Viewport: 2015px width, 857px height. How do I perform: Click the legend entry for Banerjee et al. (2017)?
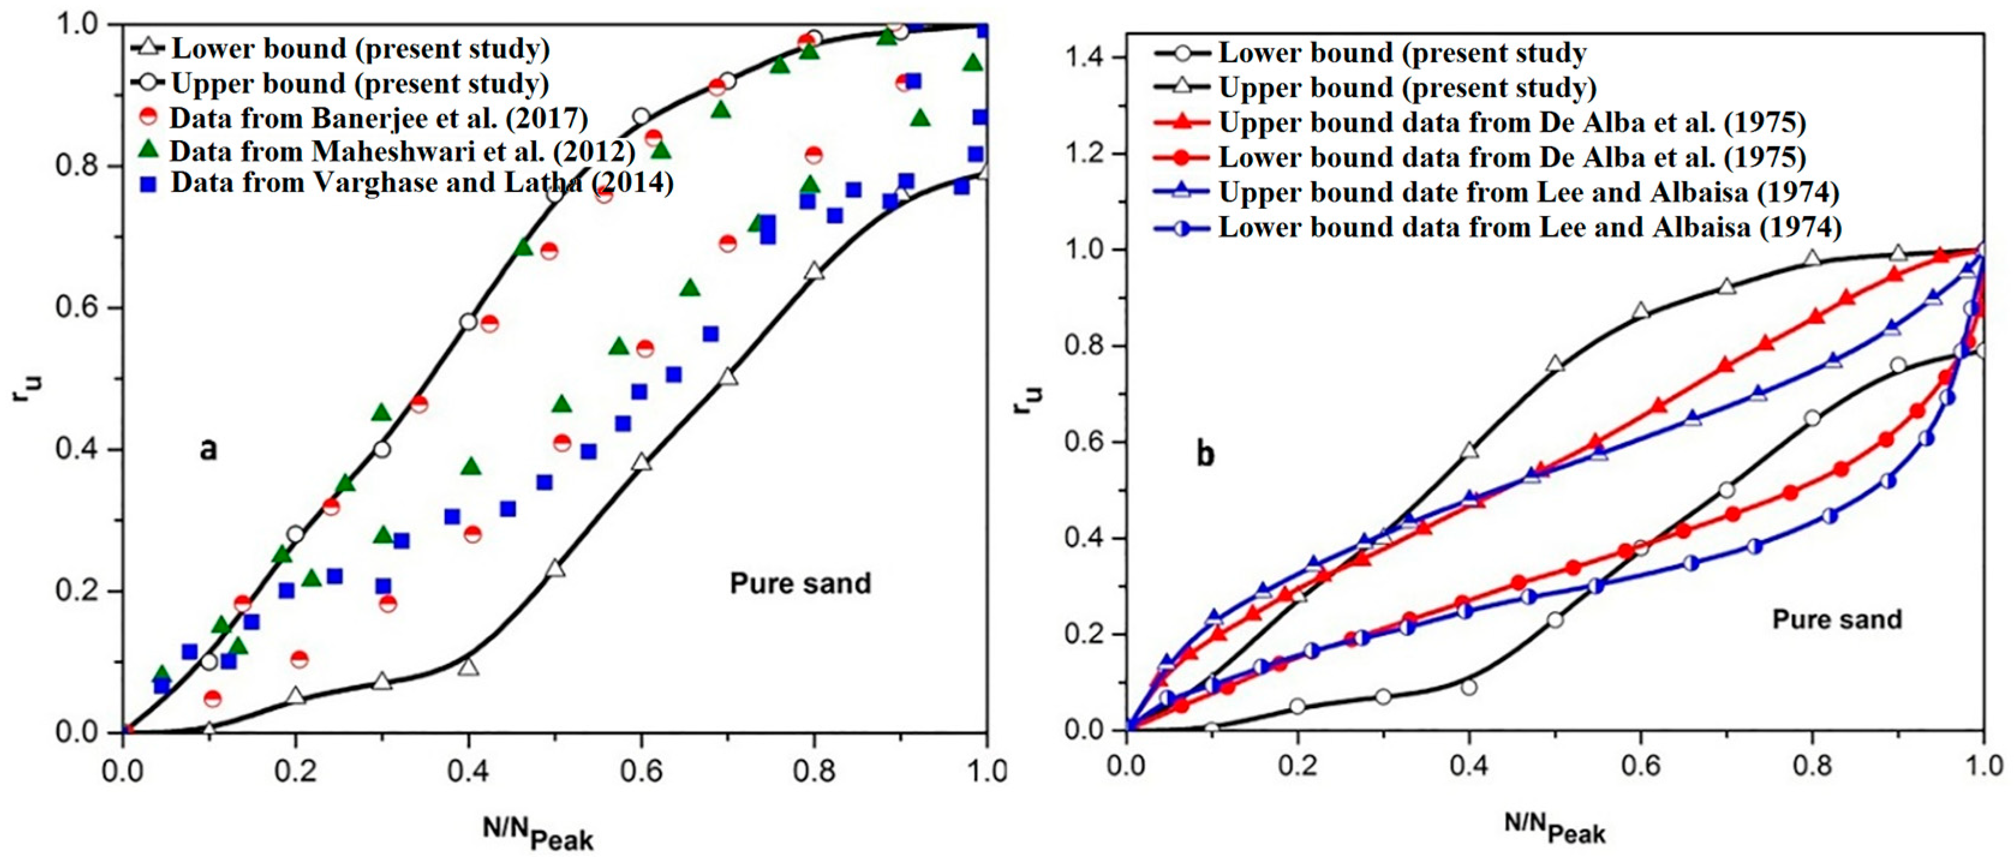[x=379, y=118]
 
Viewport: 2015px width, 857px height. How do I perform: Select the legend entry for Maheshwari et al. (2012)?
[x=402, y=151]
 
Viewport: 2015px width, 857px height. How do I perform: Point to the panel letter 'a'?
[x=208, y=449]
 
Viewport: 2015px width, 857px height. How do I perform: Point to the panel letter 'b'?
[x=1206, y=454]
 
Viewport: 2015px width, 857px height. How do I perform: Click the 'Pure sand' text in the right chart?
[x=1837, y=619]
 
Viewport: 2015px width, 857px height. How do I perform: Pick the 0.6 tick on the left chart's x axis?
[x=641, y=771]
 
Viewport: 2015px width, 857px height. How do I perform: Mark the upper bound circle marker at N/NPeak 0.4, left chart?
[x=468, y=322]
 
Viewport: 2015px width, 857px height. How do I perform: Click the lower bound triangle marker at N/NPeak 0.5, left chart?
[x=555, y=568]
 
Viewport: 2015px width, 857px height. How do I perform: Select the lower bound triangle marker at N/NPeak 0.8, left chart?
[x=814, y=271]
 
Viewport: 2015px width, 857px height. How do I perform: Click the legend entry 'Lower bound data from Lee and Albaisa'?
[x=1529, y=227]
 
